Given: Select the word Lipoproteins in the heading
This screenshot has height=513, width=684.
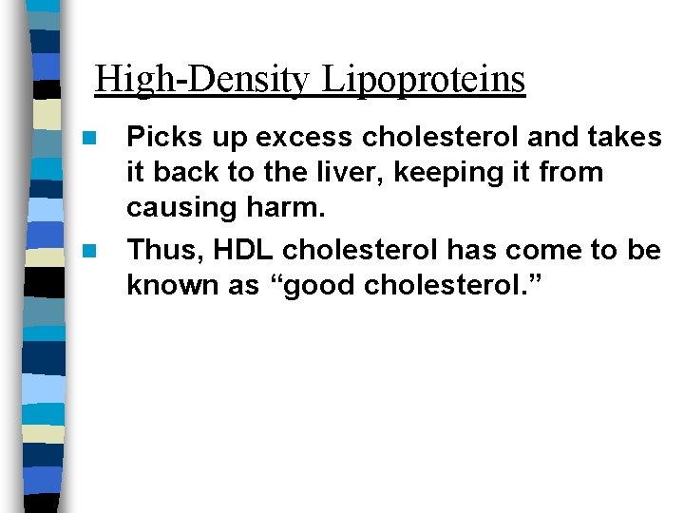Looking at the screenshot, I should [x=423, y=80].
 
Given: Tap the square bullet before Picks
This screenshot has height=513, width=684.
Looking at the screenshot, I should [x=89, y=139].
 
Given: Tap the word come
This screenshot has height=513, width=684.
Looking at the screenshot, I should [x=543, y=250].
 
